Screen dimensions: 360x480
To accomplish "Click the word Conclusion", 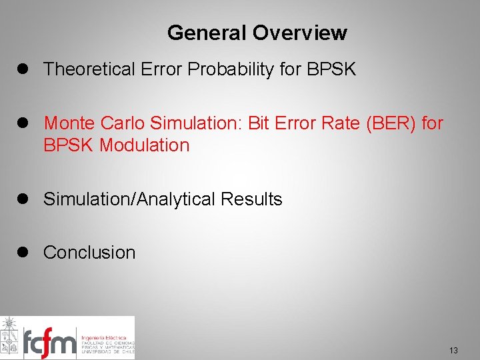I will click(89, 252).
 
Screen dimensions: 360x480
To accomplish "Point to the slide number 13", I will click(453, 351).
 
